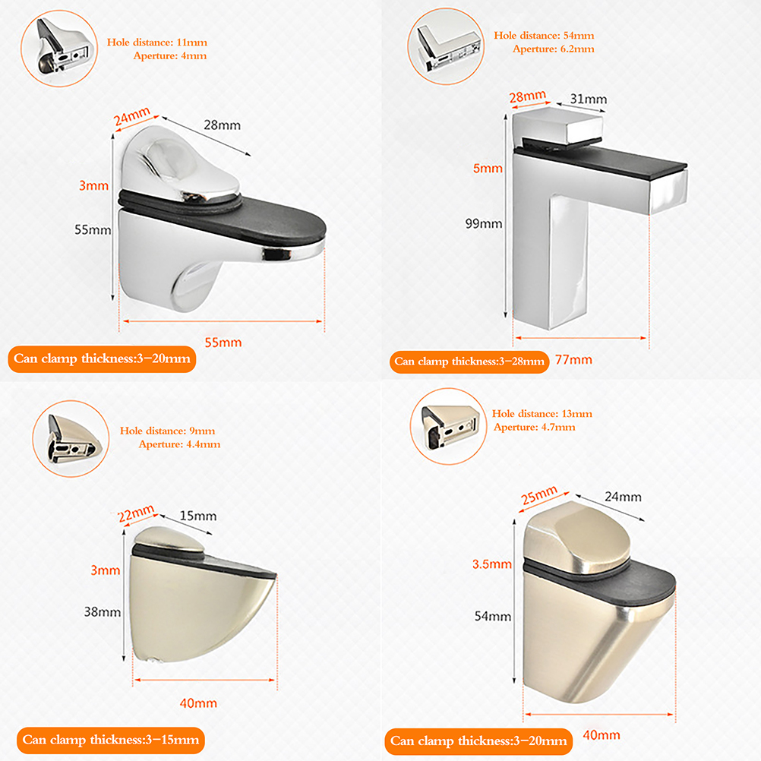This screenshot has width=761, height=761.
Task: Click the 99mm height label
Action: pyautogui.click(x=483, y=224)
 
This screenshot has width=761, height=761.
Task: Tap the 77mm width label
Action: pyautogui.click(x=573, y=360)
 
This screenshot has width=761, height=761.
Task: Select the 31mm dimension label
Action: pyautogui.click(x=589, y=99)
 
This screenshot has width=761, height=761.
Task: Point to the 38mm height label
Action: pyautogui.click(x=103, y=611)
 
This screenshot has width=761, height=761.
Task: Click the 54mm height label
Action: pyautogui.click(x=493, y=617)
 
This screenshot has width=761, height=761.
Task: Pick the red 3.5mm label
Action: pyautogui.click(x=492, y=564)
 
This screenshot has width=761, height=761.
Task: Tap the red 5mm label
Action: pyautogui.click(x=488, y=169)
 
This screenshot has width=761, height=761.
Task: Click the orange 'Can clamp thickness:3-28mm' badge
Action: pyautogui.click(x=469, y=362)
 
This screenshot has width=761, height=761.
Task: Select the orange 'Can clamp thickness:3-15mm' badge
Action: pyautogui.click(x=111, y=740)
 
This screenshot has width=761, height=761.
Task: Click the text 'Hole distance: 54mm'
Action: pyautogui.click(x=544, y=36)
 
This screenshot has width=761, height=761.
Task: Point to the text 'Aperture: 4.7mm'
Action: pyautogui.click(x=535, y=427)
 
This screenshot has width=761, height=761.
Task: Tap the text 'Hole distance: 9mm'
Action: pyautogui.click(x=167, y=431)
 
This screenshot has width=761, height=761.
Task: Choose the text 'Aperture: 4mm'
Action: pyautogui.click(x=170, y=55)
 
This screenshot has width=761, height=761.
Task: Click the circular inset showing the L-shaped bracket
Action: pyautogui.click(x=446, y=46)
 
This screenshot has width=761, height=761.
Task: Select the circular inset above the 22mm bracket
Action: pyautogui.click(x=71, y=439)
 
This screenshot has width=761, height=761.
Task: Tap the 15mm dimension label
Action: pyautogui.click(x=198, y=516)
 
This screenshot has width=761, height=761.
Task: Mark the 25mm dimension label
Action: pyautogui.click(x=538, y=495)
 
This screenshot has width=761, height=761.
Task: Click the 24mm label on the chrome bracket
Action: pyautogui.click(x=131, y=116)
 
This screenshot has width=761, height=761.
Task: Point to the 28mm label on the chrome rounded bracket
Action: pyautogui.click(x=222, y=125)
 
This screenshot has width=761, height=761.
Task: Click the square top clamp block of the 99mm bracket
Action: pyautogui.click(x=558, y=125)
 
